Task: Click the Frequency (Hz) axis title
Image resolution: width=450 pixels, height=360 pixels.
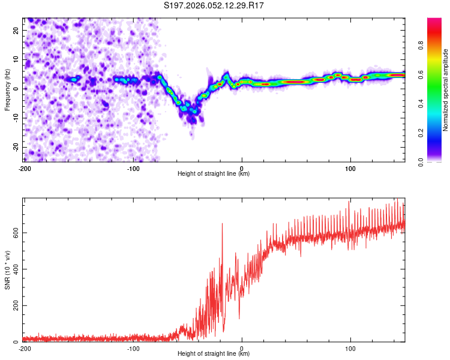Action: point(7,89)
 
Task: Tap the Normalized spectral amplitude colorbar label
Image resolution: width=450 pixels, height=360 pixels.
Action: point(446,89)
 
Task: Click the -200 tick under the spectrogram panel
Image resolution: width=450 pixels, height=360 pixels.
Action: point(25,168)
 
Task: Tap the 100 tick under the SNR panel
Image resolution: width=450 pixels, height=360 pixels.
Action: point(350,348)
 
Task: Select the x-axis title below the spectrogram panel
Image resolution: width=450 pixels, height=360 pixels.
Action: point(214,173)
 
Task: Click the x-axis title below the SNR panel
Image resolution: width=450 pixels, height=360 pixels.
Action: point(214,354)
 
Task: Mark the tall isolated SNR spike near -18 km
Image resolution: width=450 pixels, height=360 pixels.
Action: point(223,224)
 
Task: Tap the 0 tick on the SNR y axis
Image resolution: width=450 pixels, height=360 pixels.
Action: point(18,342)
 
